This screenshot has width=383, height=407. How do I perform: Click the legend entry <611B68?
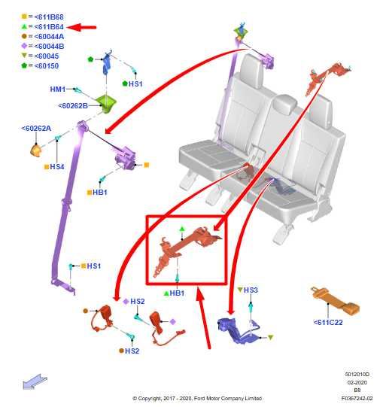tap(43, 17)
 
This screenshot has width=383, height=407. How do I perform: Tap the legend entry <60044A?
tap(43, 37)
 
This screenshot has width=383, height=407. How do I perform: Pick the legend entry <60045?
tap(40, 56)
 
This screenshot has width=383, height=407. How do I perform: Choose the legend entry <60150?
tap(40, 65)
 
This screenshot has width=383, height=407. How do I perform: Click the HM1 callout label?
tap(58, 90)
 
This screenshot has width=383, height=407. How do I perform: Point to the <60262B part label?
tap(73, 106)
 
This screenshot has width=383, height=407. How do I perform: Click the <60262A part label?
tap(36, 129)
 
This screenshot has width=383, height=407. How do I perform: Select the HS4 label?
tap(54, 167)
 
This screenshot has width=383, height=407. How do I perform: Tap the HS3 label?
tap(248, 290)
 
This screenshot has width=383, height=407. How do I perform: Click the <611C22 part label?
tap(328, 323)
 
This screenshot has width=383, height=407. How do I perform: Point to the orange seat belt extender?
tap(336, 301)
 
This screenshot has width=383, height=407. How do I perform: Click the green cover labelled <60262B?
tap(106, 104)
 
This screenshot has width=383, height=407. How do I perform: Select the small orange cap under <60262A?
tap(35, 151)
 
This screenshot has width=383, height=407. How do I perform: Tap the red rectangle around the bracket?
tap(147, 250)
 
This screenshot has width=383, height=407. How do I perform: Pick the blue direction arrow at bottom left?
tap(35, 381)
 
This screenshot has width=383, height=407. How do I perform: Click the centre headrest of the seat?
tap(285, 105)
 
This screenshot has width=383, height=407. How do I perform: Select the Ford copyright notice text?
tap(197, 398)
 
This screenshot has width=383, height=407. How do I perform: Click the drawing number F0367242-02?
tap(357, 398)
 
